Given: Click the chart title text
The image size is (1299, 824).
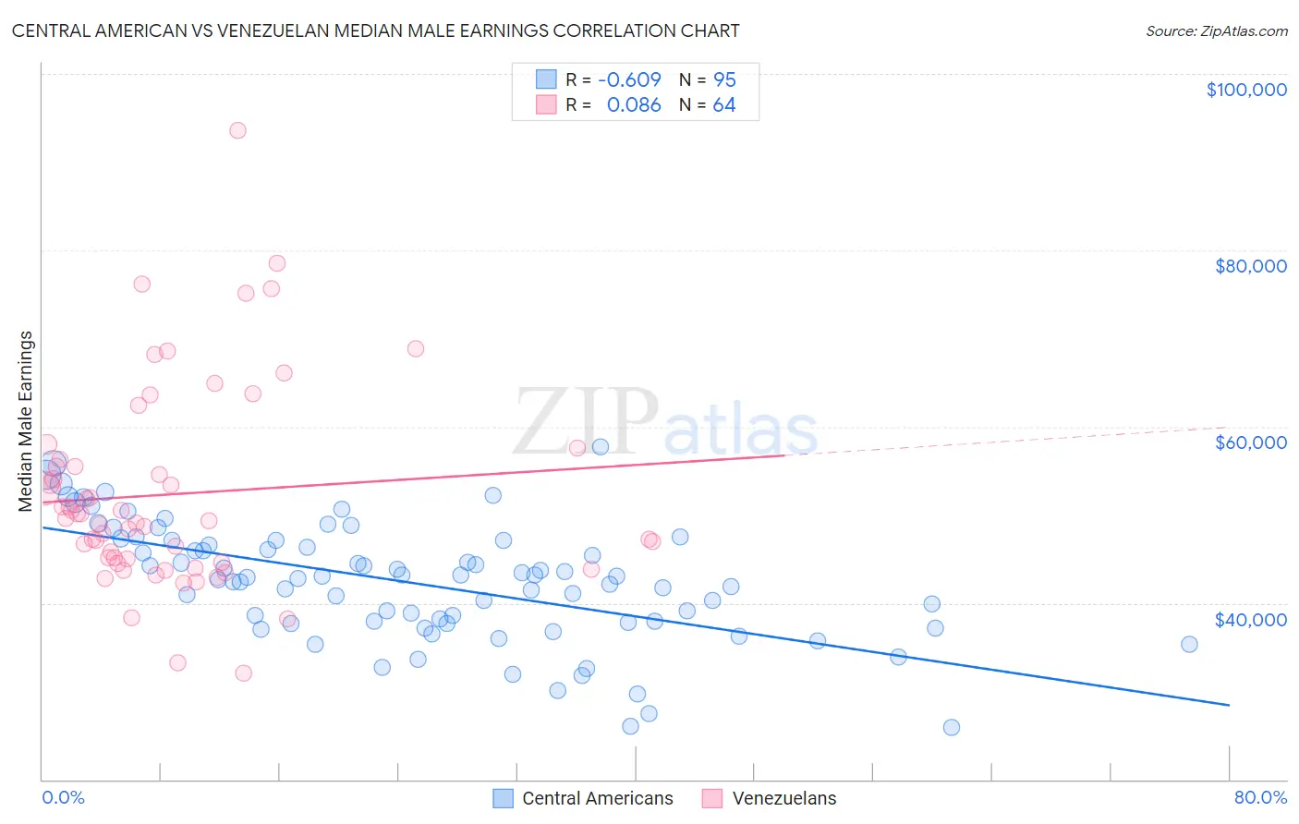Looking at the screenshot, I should point(375,30).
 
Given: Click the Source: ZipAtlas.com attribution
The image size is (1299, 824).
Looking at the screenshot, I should point(1216,30).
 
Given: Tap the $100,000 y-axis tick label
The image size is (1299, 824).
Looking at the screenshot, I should point(1246,90).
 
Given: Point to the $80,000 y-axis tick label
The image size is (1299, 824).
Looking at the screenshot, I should point(1250,266).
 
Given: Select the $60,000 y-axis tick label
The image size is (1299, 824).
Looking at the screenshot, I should point(1250,442).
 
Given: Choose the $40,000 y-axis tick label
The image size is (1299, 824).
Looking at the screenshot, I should point(1250,619).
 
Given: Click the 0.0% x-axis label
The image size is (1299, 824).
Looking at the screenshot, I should point(63,797).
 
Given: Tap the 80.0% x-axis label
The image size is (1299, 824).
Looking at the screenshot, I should point(1260,797).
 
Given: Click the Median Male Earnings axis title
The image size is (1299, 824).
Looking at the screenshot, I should point(25,421).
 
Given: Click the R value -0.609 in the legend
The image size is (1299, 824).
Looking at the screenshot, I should point(629,79).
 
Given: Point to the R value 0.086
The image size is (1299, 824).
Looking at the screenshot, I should point(634,105).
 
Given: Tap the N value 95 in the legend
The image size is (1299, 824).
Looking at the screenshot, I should point(724,79).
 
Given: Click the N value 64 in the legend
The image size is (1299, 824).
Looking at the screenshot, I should point(724,105).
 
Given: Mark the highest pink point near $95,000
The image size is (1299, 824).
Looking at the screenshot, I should point(237,130).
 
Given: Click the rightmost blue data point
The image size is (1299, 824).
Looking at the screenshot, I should point(1189,644).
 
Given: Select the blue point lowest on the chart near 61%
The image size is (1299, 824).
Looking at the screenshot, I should point(951,727).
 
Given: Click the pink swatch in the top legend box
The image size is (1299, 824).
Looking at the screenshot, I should point(546,105).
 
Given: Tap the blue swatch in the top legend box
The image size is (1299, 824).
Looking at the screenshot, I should point(546,79).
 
